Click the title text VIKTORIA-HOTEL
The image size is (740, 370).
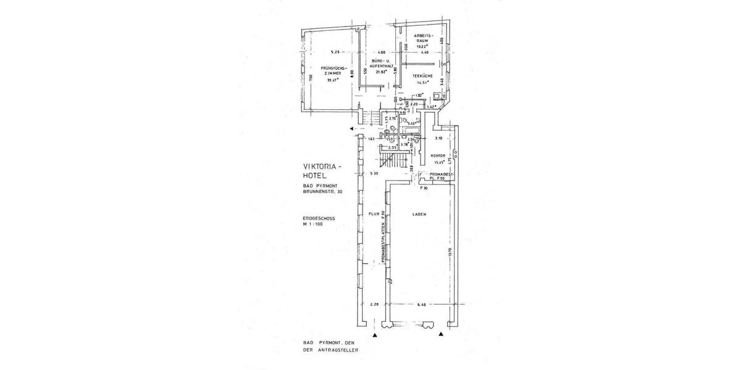326,170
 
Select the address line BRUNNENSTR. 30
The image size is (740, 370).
323,192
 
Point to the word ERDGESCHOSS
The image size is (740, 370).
319,218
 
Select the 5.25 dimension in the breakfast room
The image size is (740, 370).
335,51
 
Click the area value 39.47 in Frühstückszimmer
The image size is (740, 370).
333,80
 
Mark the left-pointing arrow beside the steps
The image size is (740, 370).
351,128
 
